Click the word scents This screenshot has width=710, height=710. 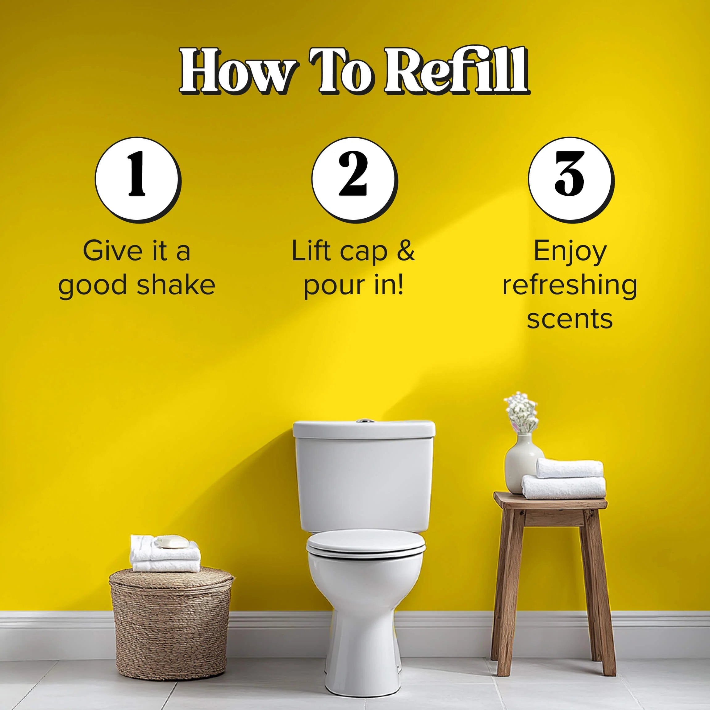click(x=570, y=319)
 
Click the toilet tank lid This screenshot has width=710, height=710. click(x=364, y=429)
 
